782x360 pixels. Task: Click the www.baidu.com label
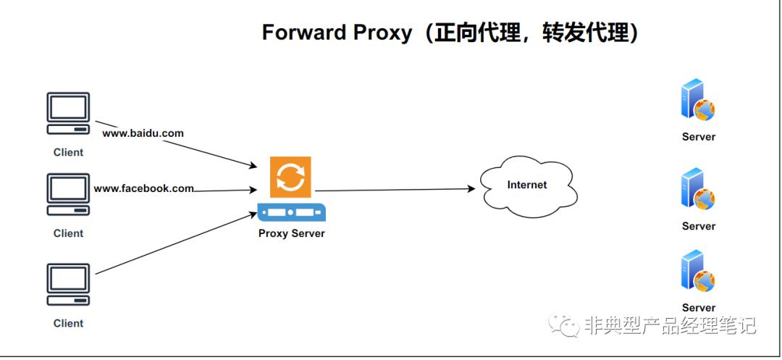pos(143,133)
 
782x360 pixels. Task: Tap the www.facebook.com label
pos(143,188)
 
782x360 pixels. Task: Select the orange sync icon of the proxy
pos(290,177)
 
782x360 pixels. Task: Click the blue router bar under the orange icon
pos(291,212)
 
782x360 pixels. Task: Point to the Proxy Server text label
pos(291,233)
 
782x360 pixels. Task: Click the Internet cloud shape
pos(527,185)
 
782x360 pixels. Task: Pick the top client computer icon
pos(68,114)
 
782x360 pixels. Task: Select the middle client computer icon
pos(68,194)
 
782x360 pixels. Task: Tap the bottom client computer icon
pos(68,285)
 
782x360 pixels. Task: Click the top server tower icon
pos(697,101)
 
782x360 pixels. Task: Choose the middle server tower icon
pos(697,190)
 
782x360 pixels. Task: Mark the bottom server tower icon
pos(697,271)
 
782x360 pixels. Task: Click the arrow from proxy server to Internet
pos(395,190)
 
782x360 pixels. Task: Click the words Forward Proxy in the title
pos(336,33)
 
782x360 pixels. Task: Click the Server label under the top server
pos(698,136)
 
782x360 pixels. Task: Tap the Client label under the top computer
pos(68,152)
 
